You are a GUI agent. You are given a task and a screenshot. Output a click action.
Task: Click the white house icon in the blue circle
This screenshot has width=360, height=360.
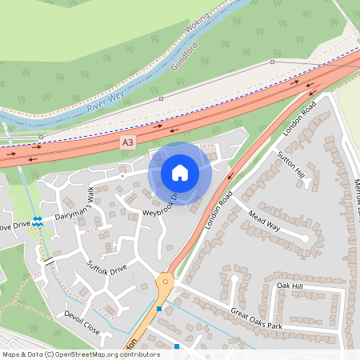180,172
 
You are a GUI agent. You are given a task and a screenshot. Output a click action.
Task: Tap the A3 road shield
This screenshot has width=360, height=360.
127,142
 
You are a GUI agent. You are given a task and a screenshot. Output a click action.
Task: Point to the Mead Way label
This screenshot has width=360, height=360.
263,222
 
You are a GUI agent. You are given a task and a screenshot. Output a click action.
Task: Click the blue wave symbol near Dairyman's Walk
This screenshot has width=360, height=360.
38,220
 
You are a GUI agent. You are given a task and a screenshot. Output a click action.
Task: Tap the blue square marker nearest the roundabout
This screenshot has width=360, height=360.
160,309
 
